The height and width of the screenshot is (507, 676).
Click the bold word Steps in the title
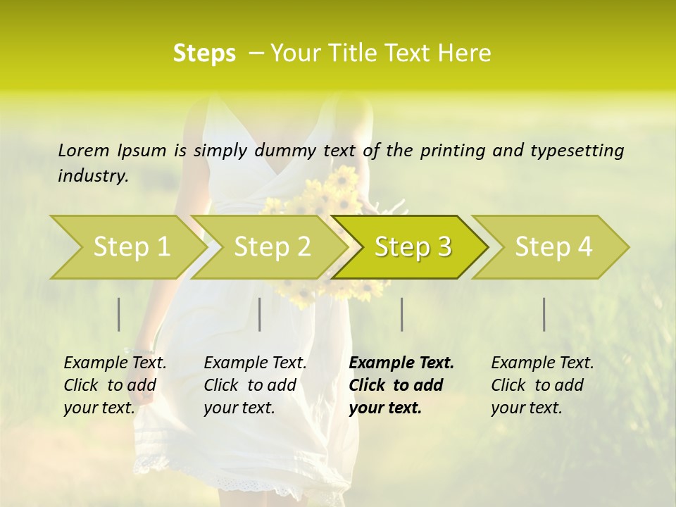point(204,54)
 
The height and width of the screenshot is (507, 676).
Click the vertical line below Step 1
point(119,314)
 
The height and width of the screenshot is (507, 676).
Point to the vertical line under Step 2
point(260,314)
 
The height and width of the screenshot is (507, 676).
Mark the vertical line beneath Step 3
point(401,314)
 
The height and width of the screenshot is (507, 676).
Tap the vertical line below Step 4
point(544,314)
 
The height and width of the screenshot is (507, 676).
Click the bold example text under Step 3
point(401,385)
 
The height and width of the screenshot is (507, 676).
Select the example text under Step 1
point(115,385)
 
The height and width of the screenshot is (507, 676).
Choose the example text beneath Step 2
point(255,385)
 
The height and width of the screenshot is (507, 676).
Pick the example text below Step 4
point(542,385)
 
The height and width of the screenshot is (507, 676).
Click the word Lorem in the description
point(84,150)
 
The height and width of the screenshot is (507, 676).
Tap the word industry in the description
point(92,176)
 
